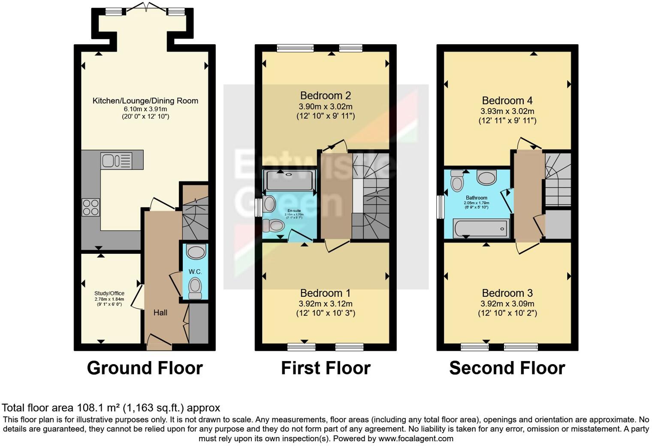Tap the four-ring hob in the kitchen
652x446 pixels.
tap(91, 208)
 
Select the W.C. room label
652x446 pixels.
tap(195, 272)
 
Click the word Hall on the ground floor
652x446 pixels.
tap(160, 313)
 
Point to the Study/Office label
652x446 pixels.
tap(109, 293)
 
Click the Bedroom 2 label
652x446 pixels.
tap(325, 96)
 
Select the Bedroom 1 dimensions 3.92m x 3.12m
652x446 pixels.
tap(325, 304)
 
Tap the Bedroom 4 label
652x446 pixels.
tap(507, 101)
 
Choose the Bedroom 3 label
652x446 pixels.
tap(507, 293)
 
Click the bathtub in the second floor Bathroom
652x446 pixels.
tap(482, 229)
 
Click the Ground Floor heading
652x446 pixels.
tap(145, 368)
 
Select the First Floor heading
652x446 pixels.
tap(326, 368)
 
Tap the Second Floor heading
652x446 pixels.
tap(507, 368)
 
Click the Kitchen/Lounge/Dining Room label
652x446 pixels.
tap(145, 101)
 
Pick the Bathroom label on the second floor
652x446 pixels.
tap(476, 198)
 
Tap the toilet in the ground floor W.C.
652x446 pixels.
tap(195, 288)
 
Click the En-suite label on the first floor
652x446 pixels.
tap(294, 211)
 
